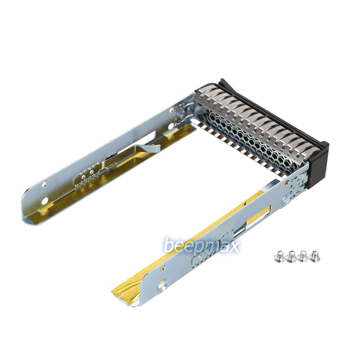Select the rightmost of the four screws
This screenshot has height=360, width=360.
(315, 255)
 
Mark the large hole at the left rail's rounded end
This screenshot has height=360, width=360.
(46, 201)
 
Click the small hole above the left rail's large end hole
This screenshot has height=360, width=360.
(44, 184)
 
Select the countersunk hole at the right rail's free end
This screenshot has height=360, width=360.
(163, 285)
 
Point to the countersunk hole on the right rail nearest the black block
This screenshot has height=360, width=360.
(285, 198)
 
